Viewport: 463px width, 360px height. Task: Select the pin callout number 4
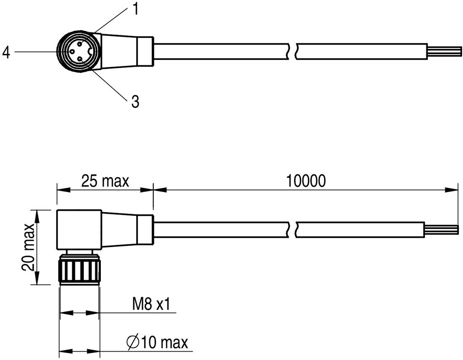tap(6, 52)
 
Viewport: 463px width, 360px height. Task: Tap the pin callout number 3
tap(135, 102)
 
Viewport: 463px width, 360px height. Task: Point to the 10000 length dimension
tap(306, 181)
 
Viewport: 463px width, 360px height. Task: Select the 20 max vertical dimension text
tap(29, 247)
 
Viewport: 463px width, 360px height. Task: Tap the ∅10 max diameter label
tap(157, 342)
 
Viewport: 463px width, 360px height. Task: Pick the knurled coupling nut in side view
tap(79, 270)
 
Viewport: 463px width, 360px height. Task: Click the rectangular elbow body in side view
tap(79, 230)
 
